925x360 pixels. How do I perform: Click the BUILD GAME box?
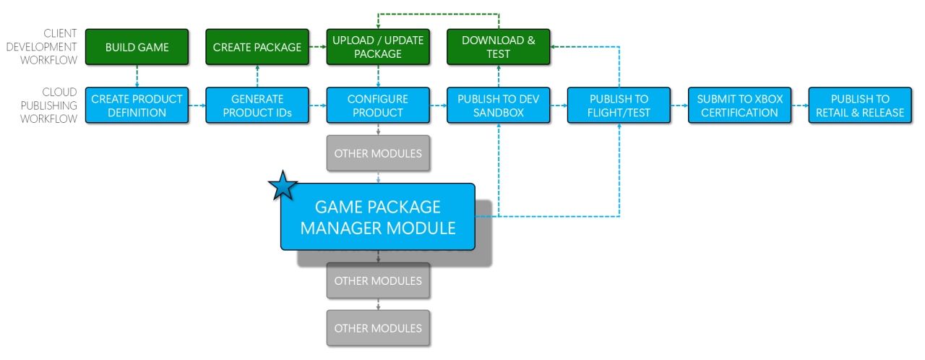[x=137, y=48]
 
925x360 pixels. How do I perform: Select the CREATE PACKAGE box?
[x=257, y=48]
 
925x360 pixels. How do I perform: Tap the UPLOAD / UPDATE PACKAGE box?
[x=378, y=48]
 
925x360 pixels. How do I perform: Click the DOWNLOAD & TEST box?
[x=499, y=48]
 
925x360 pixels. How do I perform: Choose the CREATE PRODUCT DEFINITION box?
[x=137, y=106]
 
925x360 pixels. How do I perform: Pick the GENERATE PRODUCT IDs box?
[x=257, y=106]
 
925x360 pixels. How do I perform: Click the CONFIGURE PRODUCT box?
[x=378, y=106]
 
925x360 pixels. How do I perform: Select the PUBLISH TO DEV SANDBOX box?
[x=499, y=106]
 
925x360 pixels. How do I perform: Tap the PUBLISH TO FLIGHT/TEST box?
[x=619, y=106]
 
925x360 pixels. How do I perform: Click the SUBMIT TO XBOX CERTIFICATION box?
[x=739, y=106]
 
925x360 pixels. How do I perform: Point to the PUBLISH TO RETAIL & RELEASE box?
[x=860, y=106]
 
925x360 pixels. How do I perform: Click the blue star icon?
[x=283, y=187]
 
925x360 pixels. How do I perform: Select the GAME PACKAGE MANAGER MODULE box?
[x=378, y=217]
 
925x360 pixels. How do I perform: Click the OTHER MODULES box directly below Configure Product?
[x=378, y=153]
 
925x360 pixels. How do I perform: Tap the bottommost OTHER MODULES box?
[x=378, y=328]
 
